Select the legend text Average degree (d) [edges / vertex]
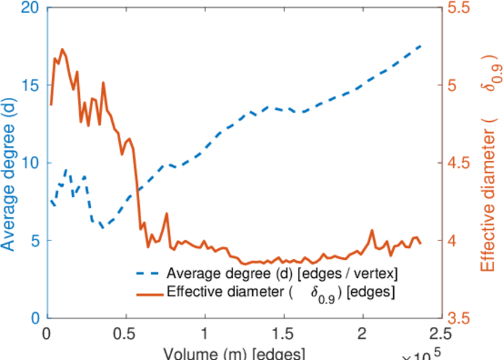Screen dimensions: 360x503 pos(282,274)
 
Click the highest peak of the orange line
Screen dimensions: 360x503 pos(62,49)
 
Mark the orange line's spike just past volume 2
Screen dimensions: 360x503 pos(372,230)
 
